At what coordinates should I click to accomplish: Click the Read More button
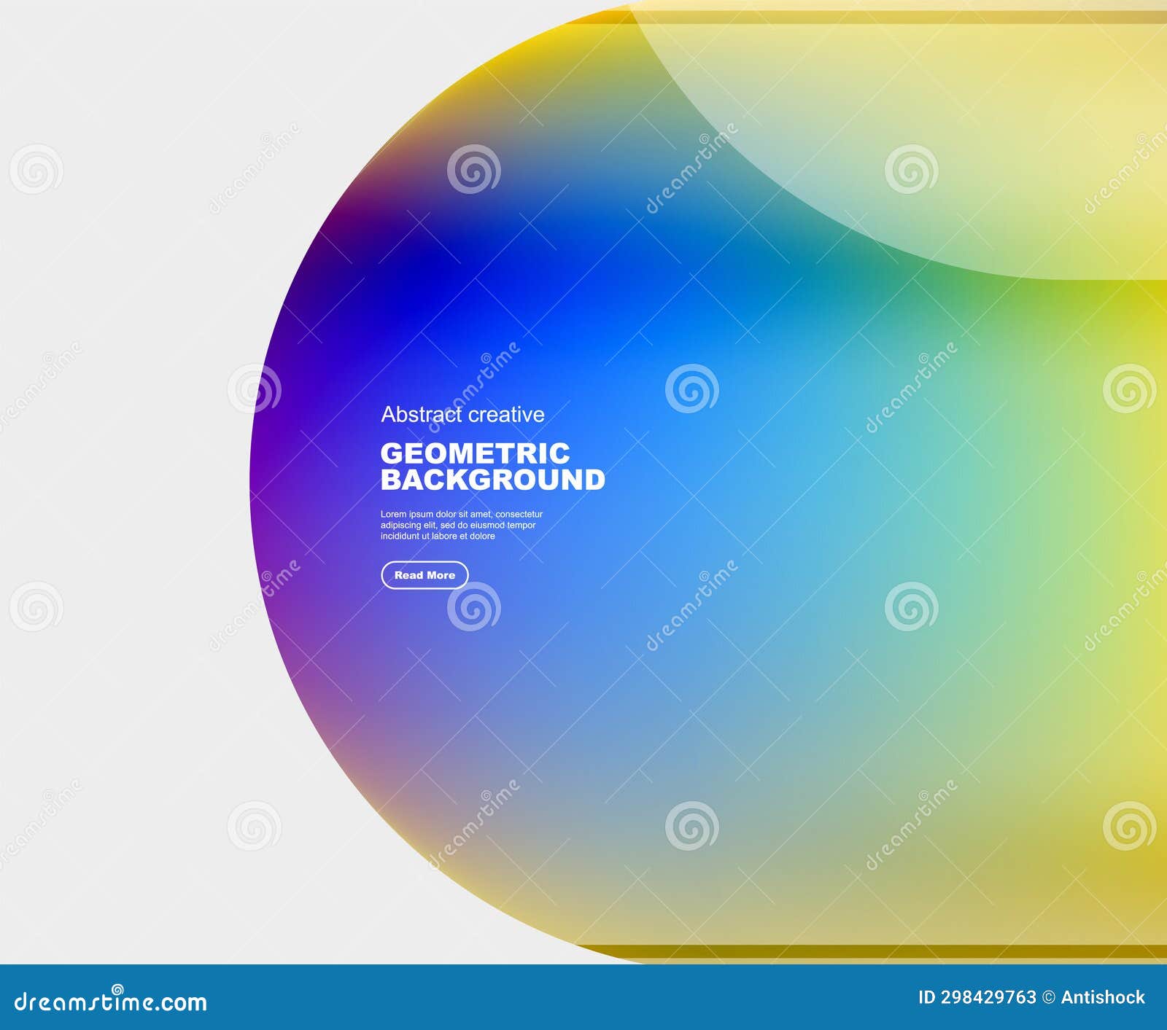(424, 575)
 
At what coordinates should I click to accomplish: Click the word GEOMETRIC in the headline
(475, 453)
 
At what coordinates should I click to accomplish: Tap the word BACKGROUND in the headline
(493, 480)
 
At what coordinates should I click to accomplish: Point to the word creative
(507, 415)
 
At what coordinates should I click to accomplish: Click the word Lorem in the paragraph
(393, 515)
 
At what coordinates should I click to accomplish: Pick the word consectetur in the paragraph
(519, 515)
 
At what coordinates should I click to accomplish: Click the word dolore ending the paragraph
(482, 536)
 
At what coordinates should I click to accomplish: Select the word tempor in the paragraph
(522, 525)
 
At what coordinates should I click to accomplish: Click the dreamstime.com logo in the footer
(111, 1002)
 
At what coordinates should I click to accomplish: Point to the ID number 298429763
(988, 997)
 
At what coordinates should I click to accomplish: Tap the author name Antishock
(1103, 997)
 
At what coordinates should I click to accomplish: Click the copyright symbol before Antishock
(1049, 997)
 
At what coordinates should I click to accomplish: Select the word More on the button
(441, 575)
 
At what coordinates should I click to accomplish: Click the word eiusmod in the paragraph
(487, 525)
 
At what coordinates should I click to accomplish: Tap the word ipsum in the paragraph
(421, 515)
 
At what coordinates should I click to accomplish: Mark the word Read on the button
(408, 575)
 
